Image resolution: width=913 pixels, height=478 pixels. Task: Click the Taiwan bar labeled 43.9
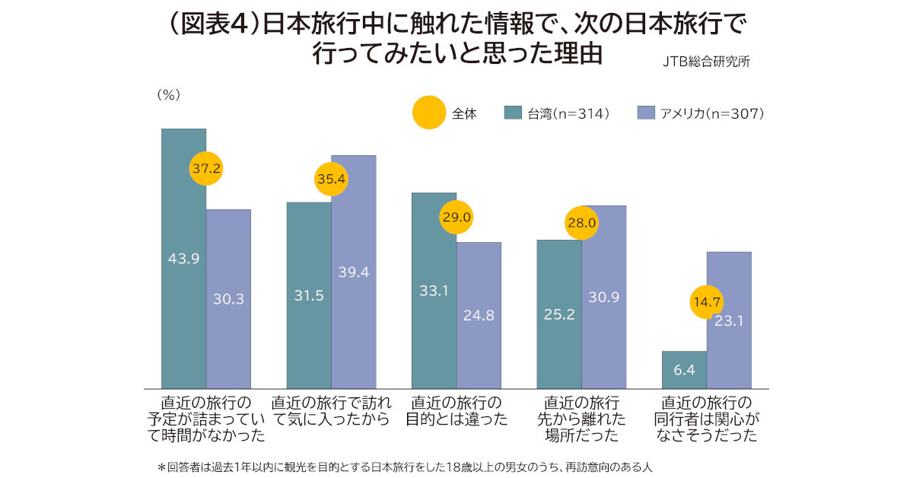pos(183,259)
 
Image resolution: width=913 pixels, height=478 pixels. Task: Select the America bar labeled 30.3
pos(228,299)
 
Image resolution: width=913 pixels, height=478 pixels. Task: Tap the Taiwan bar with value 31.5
pos(308,295)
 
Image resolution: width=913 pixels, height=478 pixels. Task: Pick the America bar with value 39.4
pos(354,272)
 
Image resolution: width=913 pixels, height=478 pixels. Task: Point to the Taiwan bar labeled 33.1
pos(434,290)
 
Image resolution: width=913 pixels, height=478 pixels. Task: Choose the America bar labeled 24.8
pos(479,315)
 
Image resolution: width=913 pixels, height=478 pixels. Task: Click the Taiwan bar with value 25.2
pos(558,314)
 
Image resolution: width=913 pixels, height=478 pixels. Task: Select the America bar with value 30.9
pos(604,297)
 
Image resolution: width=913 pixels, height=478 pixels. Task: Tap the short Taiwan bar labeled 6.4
pos(684,370)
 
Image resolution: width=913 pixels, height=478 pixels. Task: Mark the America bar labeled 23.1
pos(729,320)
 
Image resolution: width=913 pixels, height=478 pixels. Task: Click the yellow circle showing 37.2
pos(206,169)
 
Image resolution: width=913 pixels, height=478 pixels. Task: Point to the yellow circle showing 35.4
pos(331,180)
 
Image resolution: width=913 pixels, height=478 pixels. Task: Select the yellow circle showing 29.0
pos(456,217)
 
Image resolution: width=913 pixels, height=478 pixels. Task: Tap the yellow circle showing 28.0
pos(581,223)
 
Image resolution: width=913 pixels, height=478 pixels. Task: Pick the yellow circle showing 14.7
pos(707,301)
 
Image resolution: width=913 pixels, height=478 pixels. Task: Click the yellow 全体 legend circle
pos(428,113)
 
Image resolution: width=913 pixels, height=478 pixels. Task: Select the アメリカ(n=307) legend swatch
pos(645,113)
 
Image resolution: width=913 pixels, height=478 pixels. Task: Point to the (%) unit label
pos(167,95)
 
